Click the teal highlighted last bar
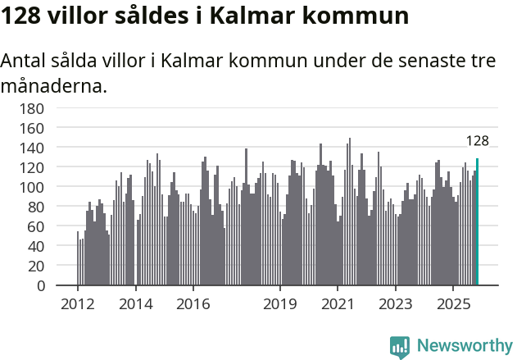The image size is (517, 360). [x=477, y=221]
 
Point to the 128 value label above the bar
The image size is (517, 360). [x=477, y=141]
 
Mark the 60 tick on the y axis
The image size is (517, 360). [x=35, y=226]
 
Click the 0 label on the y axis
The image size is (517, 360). [x=39, y=286]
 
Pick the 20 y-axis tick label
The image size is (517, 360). [x=35, y=266]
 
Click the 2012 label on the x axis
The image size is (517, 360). [x=78, y=303]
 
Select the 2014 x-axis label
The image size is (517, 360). [x=135, y=303]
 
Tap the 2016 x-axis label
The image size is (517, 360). [x=193, y=303]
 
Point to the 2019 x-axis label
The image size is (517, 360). [x=280, y=303]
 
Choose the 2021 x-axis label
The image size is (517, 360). [x=338, y=303]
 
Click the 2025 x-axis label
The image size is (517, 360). [x=453, y=303]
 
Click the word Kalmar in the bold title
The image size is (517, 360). [x=252, y=16]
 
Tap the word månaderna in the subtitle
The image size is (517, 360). [x=54, y=84]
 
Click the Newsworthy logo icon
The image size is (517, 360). [x=400, y=346]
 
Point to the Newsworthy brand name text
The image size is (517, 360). [x=464, y=346]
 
